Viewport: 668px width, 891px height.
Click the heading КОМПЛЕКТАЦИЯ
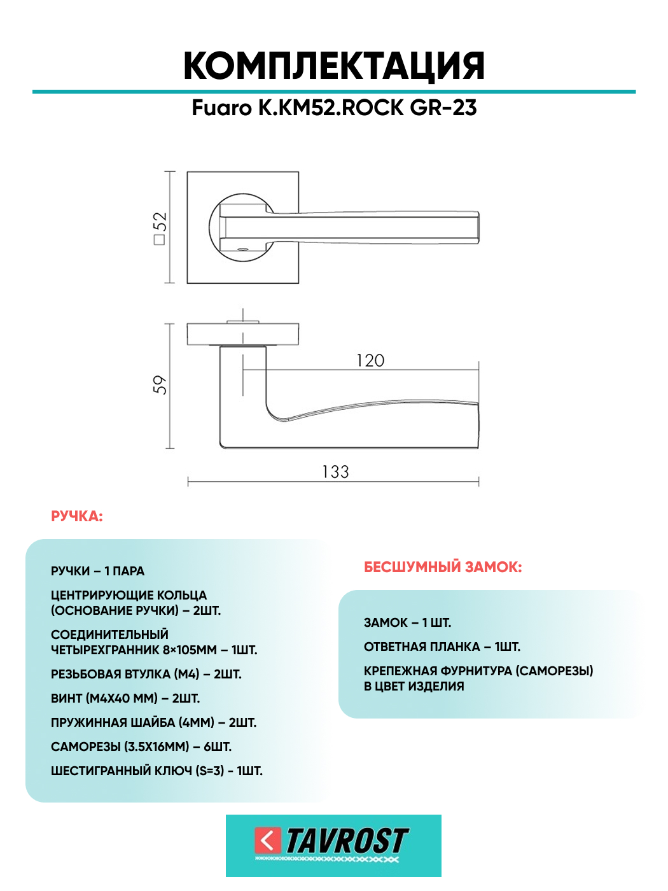(x=334, y=66)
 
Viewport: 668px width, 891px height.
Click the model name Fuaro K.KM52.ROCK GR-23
(x=334, y=108)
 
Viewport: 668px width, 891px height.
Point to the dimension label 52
(x=159, y=227)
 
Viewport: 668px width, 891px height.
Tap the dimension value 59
(x=159, y=385)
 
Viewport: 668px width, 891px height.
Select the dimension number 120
(x=370, y=361)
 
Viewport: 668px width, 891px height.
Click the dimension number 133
(x=335, y=472)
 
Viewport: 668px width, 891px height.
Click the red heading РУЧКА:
(x=77, y=516)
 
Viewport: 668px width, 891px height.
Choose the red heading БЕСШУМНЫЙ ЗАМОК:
(x=443, y=567)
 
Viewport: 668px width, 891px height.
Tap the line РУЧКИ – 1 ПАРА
(x=98, y=572)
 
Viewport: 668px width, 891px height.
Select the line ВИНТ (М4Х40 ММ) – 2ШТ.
(x=125, y=699)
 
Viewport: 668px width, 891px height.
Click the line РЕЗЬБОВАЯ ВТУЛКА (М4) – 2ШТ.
(x=146, y=675)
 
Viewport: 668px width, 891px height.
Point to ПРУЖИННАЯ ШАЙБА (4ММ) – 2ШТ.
(x=154, y=723)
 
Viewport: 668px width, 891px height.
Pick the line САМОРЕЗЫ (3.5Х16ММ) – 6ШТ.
(x=141, y=747)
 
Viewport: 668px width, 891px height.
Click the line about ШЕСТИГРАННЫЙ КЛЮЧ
(x=157, y=771)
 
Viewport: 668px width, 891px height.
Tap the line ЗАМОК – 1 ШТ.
(x=407, y=623)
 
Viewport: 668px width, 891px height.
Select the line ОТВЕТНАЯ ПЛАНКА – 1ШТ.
(x=442, y=647)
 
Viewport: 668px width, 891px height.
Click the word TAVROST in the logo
(x=347, y=841)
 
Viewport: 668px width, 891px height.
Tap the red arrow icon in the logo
(x=268, y=841)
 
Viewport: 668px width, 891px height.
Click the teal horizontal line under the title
(x=334, y=92)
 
